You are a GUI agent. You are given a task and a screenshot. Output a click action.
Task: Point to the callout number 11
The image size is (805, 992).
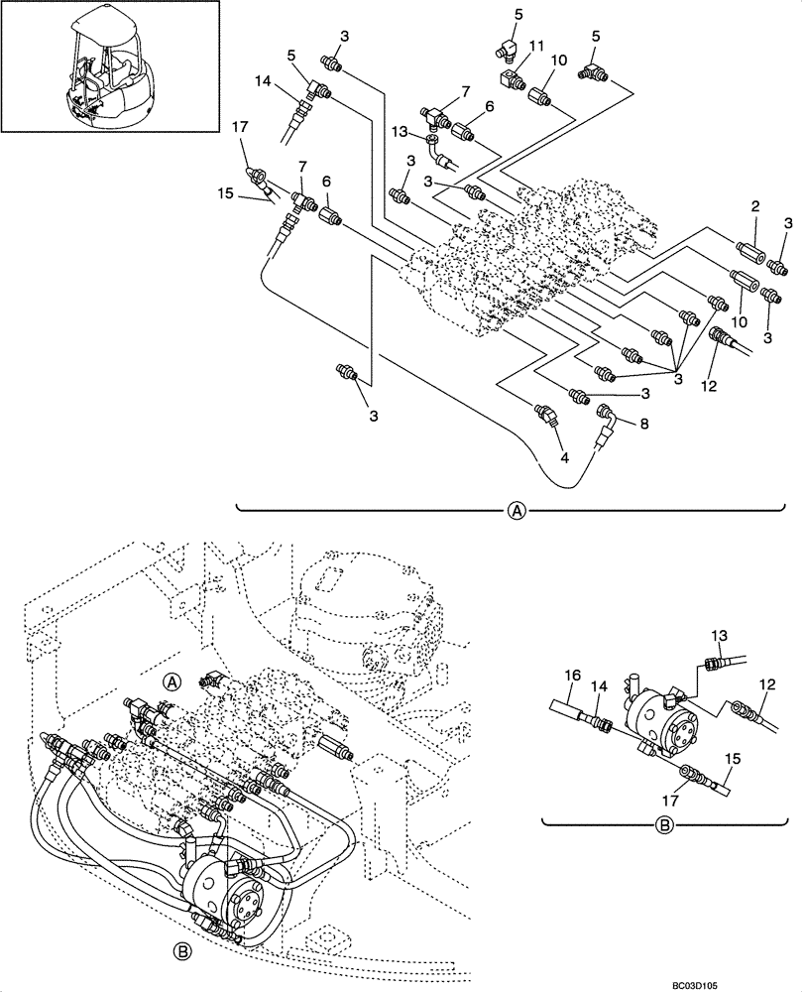tap(536, 47)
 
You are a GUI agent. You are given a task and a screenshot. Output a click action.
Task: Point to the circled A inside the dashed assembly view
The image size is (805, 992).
tap(172, 682)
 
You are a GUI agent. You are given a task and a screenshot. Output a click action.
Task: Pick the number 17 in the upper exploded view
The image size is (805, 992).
tap(239, 127)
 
